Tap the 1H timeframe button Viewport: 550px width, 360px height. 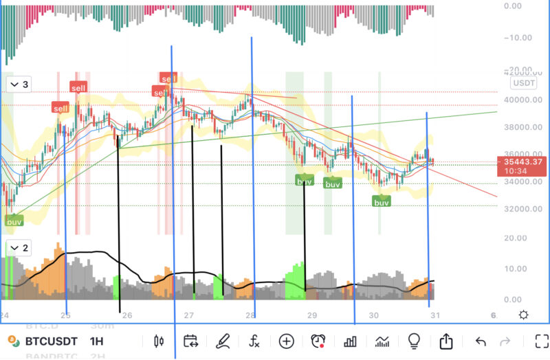click(x=96, y=341)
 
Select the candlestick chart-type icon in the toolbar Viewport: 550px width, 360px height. click(x=159, y=341)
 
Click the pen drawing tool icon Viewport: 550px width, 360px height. click(x=223, y=341)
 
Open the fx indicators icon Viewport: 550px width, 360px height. click(x=254, y=341)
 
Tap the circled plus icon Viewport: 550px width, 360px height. click(x=286, y=341)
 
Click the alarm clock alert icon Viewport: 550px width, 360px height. click(x=318, y=341)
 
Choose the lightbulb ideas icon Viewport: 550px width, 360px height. click(x=414, y=341)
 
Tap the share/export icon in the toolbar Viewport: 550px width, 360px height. click(x=446, y=341)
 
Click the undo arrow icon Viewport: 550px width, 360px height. click(x=481, y=341)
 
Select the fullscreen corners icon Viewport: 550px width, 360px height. click(x=542, y=341)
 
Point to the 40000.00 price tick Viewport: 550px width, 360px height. click(x=523, y=100)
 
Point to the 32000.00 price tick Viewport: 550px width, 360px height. click(x=523, y=209)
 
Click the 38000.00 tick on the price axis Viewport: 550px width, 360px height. click(x=523, y=127)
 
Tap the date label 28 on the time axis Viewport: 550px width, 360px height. click(x=251, y=315)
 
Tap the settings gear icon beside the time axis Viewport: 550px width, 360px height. click(x=524, y=315)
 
